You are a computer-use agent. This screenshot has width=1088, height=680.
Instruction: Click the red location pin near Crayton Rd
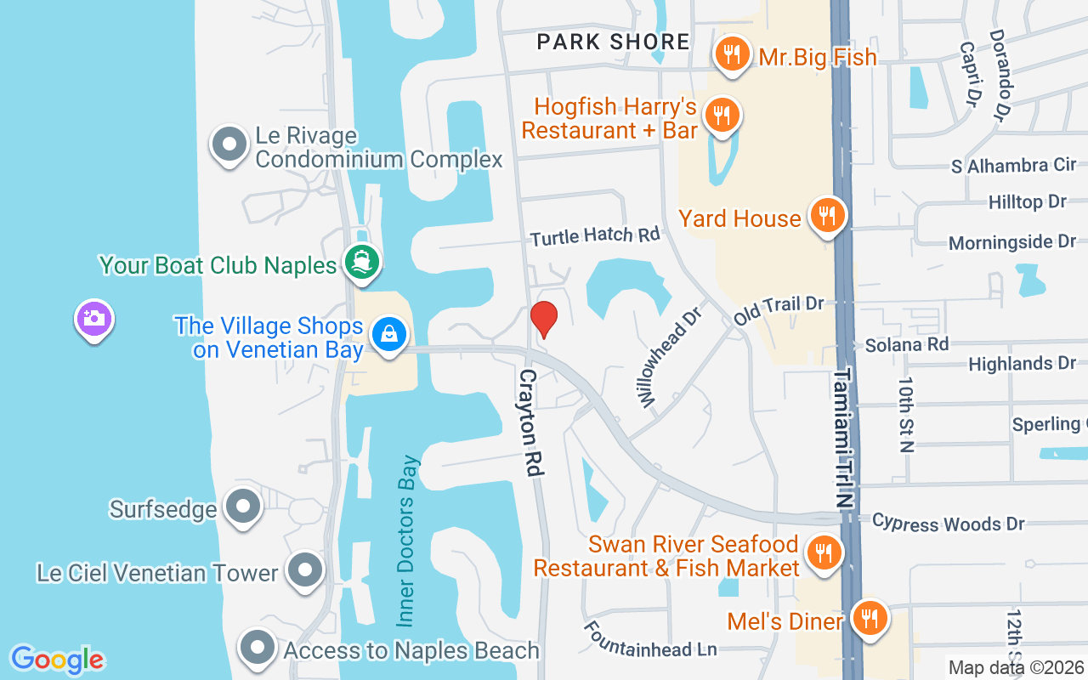544,319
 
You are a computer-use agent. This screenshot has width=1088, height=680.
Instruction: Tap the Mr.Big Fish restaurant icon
729,54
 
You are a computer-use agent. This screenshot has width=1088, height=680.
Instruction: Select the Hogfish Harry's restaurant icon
722,114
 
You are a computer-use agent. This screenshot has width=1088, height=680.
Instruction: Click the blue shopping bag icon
388,334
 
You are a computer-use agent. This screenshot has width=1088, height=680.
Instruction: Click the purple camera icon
93,319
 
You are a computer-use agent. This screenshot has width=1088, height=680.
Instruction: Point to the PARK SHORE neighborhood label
613,41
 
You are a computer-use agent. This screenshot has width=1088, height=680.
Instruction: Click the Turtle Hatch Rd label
595,235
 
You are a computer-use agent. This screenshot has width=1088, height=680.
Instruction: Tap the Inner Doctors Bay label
408,541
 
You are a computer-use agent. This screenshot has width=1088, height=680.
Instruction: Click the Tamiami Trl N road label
841,438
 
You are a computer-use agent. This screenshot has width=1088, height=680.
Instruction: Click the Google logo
57,660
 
